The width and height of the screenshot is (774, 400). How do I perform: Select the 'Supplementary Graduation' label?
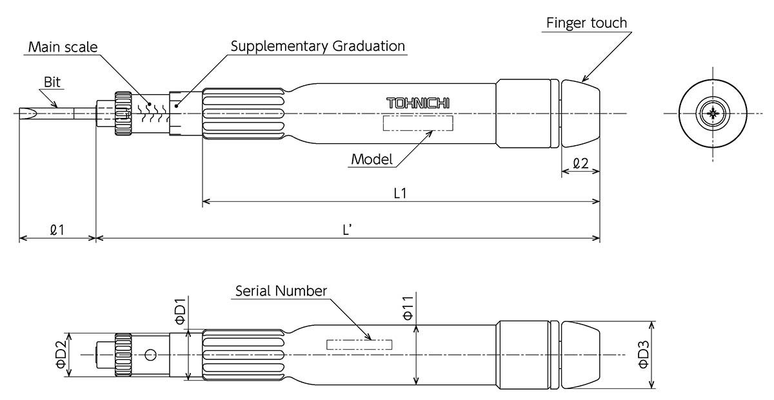click(317, 46)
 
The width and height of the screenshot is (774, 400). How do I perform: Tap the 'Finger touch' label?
click(586, 23)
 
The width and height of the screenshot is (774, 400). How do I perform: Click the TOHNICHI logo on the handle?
click(418, 103)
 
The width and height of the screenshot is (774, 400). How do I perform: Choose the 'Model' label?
click(372, 159)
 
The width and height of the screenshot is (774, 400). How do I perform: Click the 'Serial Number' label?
click(281, 291)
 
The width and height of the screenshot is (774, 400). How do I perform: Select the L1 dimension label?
click(400, 192)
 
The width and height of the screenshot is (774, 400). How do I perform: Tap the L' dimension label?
click(347, 228)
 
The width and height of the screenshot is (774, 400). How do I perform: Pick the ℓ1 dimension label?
click(57, 228)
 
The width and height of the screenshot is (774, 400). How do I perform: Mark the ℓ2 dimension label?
click(580, 163)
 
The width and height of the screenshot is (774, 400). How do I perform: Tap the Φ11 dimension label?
click(407, 310)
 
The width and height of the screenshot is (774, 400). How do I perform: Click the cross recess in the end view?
click(713, 114)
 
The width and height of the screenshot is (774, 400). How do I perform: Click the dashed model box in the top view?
click(418, 123)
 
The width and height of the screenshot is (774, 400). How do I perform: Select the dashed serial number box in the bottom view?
click(359, 345)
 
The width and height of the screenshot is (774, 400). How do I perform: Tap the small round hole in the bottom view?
click(151, 355)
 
